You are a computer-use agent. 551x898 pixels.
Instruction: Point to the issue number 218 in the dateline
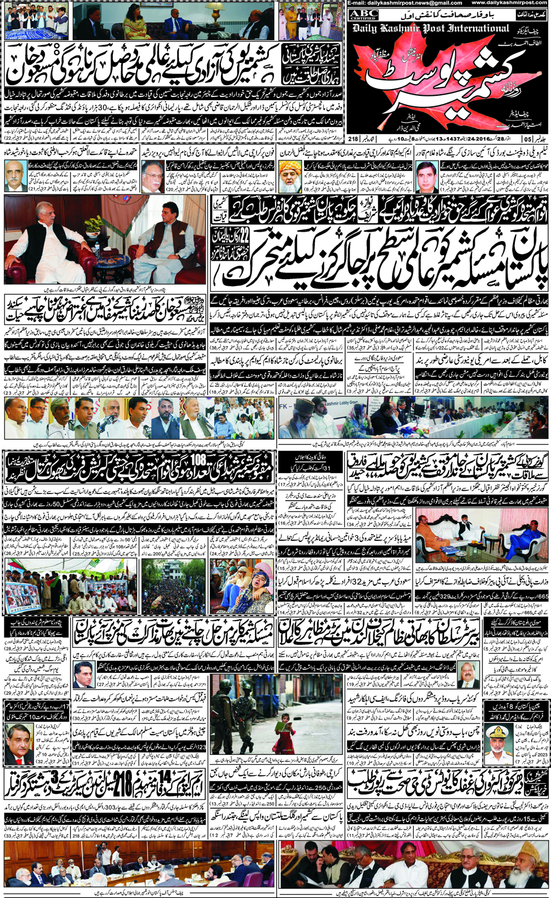tap(354, 139)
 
